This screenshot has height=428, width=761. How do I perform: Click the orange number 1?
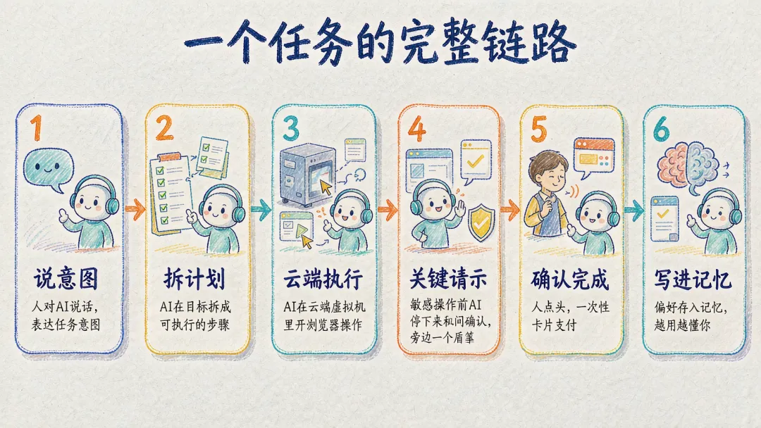37,127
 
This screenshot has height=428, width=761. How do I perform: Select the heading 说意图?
66,279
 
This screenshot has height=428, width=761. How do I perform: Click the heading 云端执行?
323,279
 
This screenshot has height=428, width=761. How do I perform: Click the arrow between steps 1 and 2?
135,209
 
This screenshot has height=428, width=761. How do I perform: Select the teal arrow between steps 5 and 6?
634,210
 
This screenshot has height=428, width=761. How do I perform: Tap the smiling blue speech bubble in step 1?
47,170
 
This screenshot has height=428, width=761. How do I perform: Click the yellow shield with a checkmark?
481,222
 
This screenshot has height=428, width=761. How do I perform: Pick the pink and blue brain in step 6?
688,165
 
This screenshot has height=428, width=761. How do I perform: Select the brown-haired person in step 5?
547,194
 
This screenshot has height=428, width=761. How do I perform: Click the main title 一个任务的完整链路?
380,43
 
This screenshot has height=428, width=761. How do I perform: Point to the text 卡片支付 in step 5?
554,325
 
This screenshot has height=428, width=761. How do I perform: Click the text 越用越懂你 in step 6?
682,325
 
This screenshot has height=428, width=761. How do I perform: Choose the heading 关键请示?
448,279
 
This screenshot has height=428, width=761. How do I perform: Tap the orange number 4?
417,129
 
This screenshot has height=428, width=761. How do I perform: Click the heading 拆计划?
194,279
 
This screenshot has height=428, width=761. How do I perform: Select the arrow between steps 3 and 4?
388,209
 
